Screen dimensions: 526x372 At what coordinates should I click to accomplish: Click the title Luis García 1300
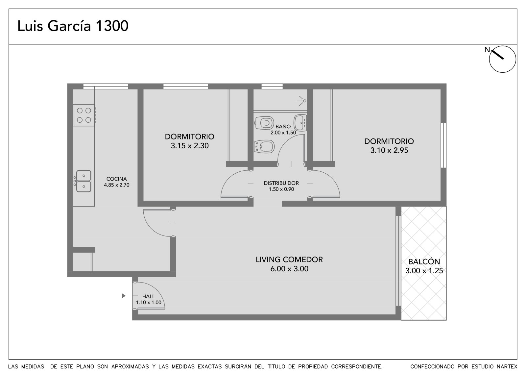[x=73, y=26]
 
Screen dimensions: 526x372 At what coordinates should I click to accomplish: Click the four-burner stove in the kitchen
[x=84, y=115]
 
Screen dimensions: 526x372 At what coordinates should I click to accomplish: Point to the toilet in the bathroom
[x=264, y=123]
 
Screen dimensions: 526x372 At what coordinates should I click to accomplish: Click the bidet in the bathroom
[x=264, y=147]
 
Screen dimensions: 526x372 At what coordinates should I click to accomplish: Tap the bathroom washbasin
[x=300, y=123]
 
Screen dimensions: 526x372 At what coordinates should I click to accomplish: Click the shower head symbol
[x=302, y=101]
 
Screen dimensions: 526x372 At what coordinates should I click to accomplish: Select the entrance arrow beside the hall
[x=124, y=296]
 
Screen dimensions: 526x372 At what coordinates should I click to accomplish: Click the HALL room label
[x=148, y=296]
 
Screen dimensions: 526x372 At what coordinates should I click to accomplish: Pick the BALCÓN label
[x=424, y=261]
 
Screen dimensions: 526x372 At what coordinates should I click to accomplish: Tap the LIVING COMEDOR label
[x=289, y=260]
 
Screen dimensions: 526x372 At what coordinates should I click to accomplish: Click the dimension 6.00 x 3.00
[x=289, y=269]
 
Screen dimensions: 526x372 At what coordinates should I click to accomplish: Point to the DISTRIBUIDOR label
[x=281, y=183]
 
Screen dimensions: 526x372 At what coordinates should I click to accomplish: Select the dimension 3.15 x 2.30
[x=190, y=146]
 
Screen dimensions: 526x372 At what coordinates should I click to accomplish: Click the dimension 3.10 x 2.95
[x=389, y=150]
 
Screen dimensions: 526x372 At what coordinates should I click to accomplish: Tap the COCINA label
[x=116, y=179]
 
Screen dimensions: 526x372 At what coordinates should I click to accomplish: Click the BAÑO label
[x=283, y=126]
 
